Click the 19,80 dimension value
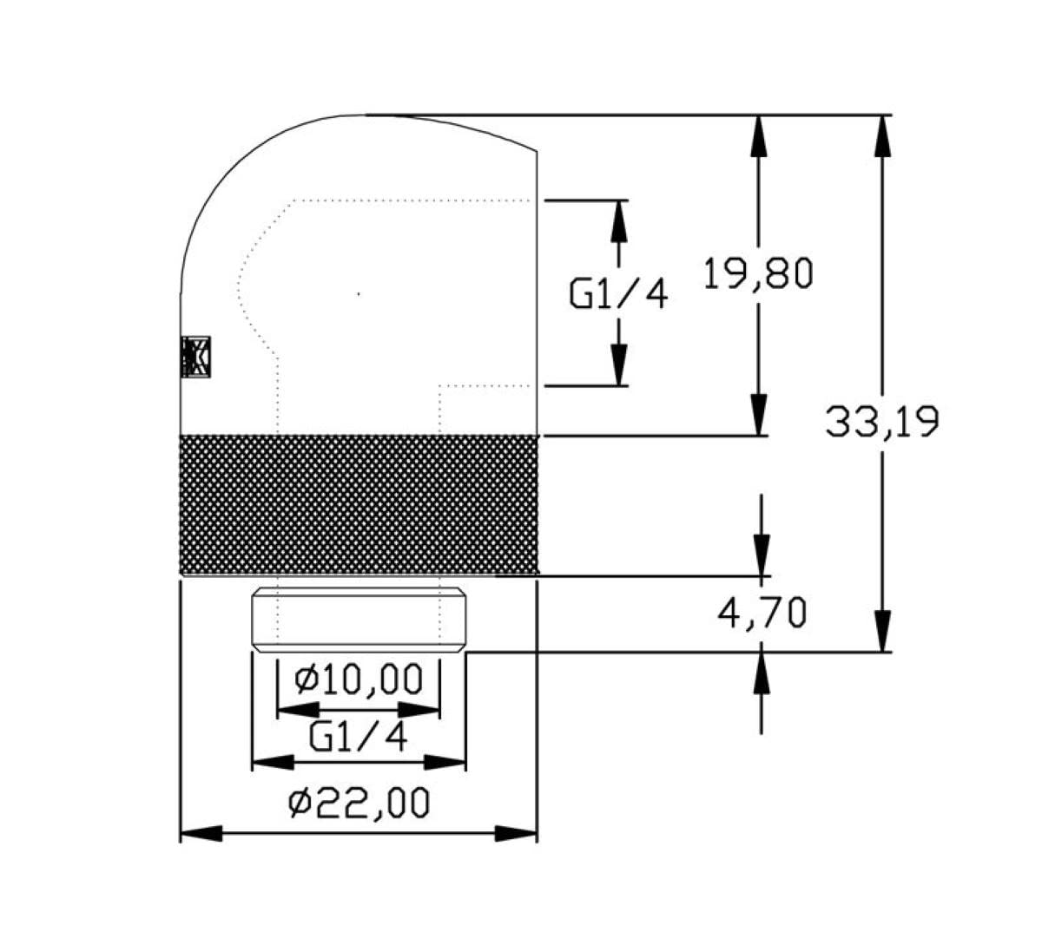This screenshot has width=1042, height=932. pyautogui.click(x=757, y=274)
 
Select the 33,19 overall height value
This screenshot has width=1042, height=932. pyautogui.click(x=881, y=423)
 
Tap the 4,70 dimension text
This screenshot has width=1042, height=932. pyautogui.click(x=762, y=614)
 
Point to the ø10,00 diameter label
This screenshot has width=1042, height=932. pyautogui.click(x=359, y=679)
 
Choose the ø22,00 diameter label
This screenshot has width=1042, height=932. pyautogui.click(x=359, y=804)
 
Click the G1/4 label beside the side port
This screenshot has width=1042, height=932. pyautogui.click(x=618, y=295)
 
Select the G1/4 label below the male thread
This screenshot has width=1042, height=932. pyautogui.click(x=359, y=738)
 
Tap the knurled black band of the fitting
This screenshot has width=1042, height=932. pyautogui.click(x=359, y=505)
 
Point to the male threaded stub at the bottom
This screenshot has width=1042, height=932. pyautogui.click(x=359, y=620)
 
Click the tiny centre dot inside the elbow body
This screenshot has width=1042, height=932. pyautogui.click(x=359, y=294)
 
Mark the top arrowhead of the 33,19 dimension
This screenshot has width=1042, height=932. pyautogui.click(x=882, y=135)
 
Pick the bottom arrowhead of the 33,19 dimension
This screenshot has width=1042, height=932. pyautogui.click(x=882, y=632)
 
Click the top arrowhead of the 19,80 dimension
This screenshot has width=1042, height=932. pyautogui.click(x=759, y=135)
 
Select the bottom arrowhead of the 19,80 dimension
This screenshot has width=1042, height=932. pyautogui.click(x=759, y=415)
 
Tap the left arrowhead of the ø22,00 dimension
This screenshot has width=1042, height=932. pyautogui.click(x=201, y=834)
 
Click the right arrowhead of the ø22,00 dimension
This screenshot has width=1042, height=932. pyautogui.click(x=517, y=834)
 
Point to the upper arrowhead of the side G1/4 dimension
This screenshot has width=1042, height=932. pyautogui.click(x=618, y=220)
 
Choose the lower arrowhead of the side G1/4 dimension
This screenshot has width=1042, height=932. pyautogui.click(x=618, y=364)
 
